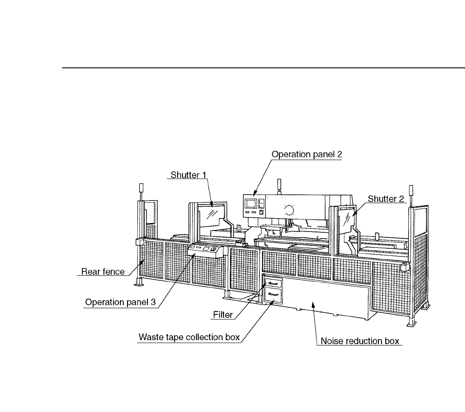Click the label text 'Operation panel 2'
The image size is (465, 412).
point(306,155)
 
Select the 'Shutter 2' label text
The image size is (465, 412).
point(386,199)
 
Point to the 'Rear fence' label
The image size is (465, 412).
point(103,271)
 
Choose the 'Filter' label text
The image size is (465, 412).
point(222,315)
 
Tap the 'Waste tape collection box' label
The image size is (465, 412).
point(189,337)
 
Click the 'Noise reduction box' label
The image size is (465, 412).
point(361,341)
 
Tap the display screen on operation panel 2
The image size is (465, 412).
point(251,203)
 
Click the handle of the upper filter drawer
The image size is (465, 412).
point(273,283)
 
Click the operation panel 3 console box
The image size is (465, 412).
point(204,251)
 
